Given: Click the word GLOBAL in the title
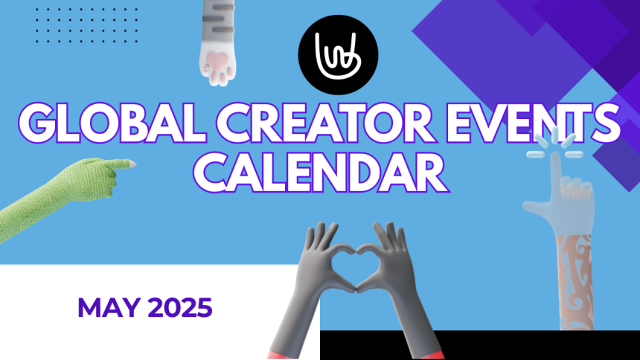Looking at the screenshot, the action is pyautogui.click(x=112, y=123).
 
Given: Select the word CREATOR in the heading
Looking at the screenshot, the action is pyautogui.click(x=325, y=123).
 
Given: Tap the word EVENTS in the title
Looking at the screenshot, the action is pyautogui.click(x=533, y=123).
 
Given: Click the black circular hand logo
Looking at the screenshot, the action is pyautogui.click(x=338, y=55).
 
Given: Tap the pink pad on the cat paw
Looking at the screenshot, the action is pyautogui.click(x=217, y=62).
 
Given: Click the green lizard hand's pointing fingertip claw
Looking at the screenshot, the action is pyautogui.click(x=132, y=164).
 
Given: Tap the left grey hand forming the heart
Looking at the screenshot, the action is pyautogui.click(x=310, y=286).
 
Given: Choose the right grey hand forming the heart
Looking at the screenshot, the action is pyautogui.click(x=398, y=286).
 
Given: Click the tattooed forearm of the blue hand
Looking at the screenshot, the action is pyautogui.click(x=575, y=282).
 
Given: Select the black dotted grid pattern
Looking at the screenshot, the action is pyautogui.click(x=86, y=25).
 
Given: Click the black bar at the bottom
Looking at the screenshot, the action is pyautogui.click(x=479, y=345).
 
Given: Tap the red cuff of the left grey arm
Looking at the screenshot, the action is pyautogui.click(x=280, y=353).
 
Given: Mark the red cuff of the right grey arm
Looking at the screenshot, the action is pyautogui.click(x=432, y=354).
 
